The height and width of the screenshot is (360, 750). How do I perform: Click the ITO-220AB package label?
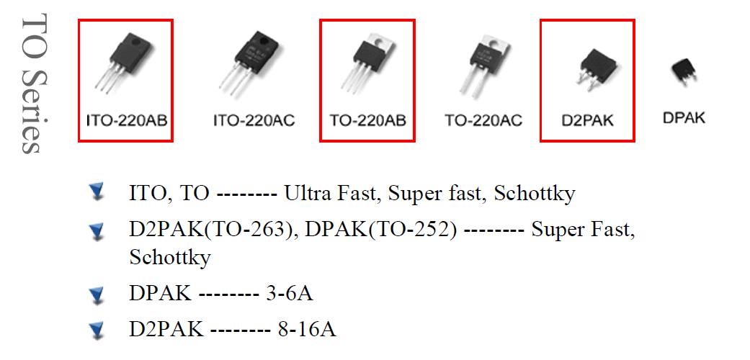click(126, 120)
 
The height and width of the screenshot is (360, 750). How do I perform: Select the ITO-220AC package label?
click(254, 120)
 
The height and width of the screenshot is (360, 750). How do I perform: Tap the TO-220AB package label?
click(367, 120)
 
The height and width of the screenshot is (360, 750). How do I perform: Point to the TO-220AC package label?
click(483, 120)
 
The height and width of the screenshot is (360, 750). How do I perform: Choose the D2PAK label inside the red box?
click(587, 120)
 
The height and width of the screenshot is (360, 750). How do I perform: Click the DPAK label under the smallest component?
click(684, 117)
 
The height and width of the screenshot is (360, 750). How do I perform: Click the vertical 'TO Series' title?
click(32, 83)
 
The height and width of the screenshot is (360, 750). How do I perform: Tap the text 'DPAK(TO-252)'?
click(381, 230)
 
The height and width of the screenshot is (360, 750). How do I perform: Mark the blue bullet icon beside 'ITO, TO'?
click(96, 192)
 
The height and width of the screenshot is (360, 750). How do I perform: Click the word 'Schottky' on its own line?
click(169, 256)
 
